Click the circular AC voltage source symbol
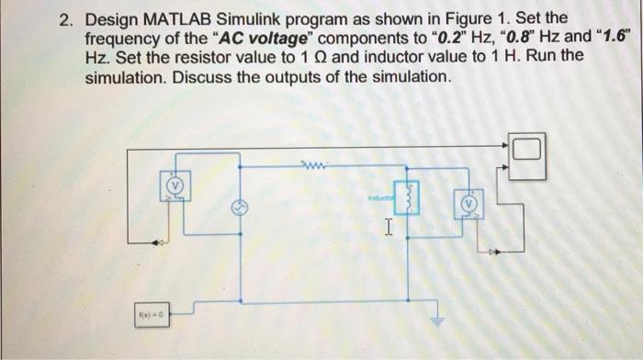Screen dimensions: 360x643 [239, 207]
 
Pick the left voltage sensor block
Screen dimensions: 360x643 [175, 185]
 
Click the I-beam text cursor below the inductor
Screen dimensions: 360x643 [389, 226]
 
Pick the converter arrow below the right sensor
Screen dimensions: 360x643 [498, 248]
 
